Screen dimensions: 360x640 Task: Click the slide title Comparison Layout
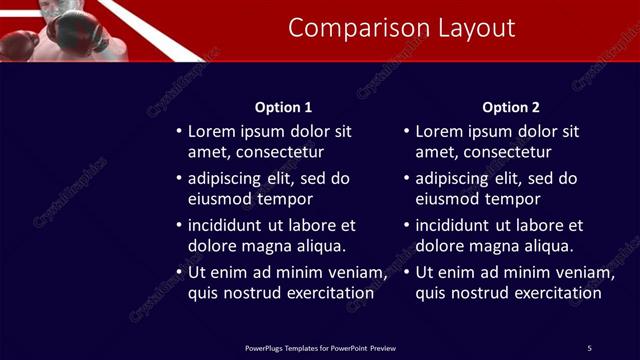click(402, 28)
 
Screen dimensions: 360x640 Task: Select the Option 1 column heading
click(284, 107)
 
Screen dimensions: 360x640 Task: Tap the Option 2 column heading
click(511, 107)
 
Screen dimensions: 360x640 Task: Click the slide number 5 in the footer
click(590, 348)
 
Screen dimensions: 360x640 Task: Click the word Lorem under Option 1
click(212, 131)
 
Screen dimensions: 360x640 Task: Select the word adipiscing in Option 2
click(452, 179)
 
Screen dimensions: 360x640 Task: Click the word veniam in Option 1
click(356, 272)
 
